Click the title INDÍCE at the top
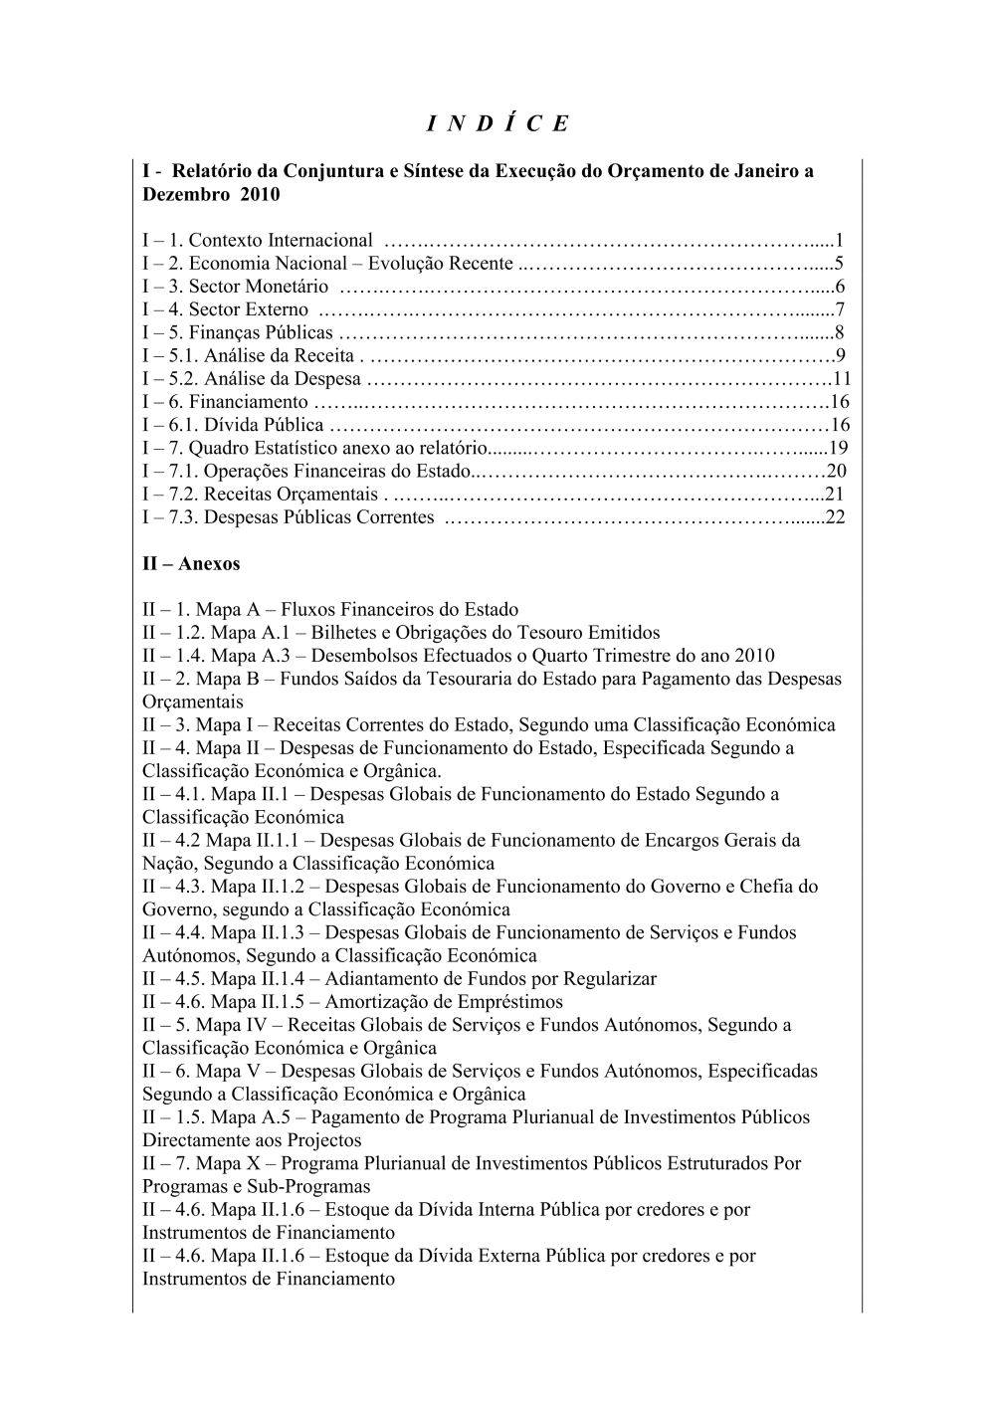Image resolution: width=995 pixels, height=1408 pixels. pyautogui.click(x=497, y=123)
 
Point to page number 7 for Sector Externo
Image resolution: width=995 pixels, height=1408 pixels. pyautogui.click(x=840, y=309)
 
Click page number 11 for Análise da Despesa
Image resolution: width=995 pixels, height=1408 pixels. pyautogui.click(x=842, y=378)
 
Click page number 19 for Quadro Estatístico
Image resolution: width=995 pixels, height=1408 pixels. pyautogui.click(x=838, y=448)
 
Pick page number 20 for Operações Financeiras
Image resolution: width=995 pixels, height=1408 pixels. pyautogui.click(x=837, y=471)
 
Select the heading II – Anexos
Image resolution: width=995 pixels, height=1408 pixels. pyautogui.click(x=191, y=563)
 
